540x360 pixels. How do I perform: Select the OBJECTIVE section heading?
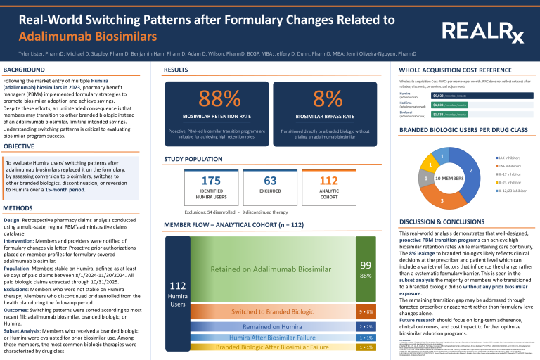20,146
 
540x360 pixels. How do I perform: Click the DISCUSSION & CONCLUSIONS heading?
438,221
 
